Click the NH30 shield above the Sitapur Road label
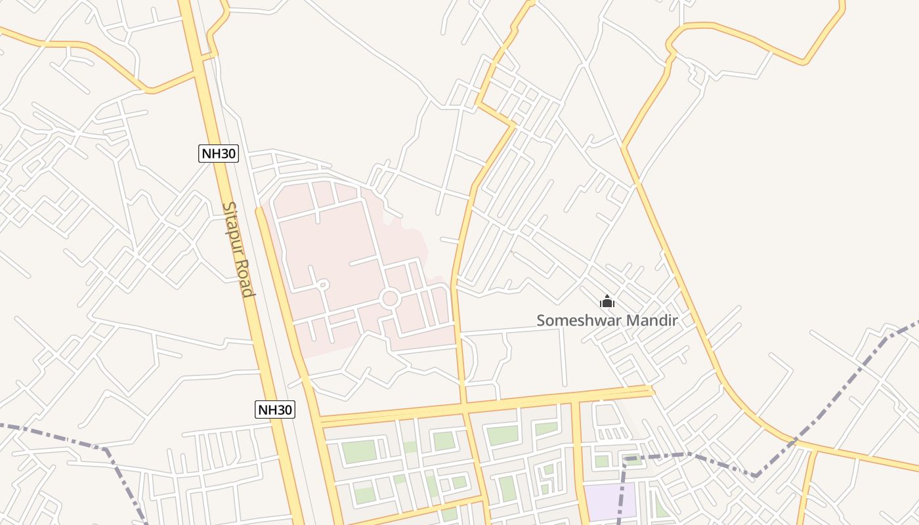point(219,154)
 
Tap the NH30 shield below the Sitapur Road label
point(275,410)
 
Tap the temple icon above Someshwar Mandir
point(607,302)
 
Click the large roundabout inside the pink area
point(390,299)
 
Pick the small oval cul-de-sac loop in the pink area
point(322,285)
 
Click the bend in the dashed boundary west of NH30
point(106,450)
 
